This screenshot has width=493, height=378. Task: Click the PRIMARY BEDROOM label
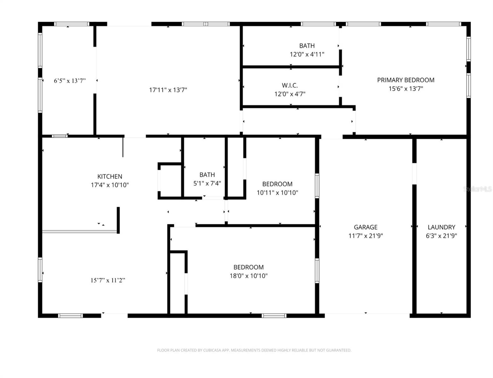pos(406,80)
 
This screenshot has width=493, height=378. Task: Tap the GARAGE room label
pos(365,227)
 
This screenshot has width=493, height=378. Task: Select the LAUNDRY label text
pos(441,227)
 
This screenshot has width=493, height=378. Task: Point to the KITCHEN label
pos(110,176)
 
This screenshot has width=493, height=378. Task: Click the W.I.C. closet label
pos(290,85)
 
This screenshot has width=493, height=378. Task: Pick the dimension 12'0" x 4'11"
pos(307,54)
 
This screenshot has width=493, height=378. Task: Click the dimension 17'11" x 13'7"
pos(168,90)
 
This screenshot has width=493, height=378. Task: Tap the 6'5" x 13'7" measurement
pos(70,81)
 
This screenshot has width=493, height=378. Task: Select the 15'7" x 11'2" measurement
pos(108,280)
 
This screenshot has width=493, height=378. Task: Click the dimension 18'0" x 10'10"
pos(249,276)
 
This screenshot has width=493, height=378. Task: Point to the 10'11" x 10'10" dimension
pos(277,193)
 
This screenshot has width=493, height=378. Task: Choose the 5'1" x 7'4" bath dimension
pos(207,183)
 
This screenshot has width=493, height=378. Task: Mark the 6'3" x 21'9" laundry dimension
pos(441,236)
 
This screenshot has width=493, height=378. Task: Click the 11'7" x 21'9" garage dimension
pos(365,236)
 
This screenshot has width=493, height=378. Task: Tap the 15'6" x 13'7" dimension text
pos(406,89)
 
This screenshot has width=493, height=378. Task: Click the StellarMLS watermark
pos(477,189)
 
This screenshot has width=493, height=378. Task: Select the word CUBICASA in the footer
pos(212,350)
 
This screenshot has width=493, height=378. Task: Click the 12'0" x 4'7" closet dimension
pos(290,94)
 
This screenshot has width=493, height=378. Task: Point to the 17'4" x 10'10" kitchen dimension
pos(110,185)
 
